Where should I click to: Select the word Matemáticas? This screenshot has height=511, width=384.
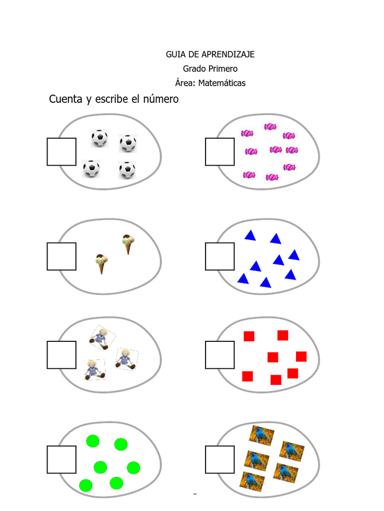tap(221, 83)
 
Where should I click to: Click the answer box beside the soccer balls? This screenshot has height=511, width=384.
tap(61, 152)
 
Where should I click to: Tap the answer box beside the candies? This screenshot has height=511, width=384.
tap(219, 152)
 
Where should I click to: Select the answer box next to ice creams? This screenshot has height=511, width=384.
tap(61, 256)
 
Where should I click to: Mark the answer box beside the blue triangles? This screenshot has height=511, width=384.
tap(219, 256)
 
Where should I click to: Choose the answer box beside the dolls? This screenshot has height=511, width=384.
tap(61, 355)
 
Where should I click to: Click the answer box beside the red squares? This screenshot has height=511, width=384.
tap(219, 355)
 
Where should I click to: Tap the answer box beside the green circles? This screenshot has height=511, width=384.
tap(61, 460)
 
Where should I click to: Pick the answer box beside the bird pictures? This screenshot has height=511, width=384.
tap(219, 460)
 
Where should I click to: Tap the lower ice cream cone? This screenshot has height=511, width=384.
tap(102, 263)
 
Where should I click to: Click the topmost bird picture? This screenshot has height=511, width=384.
tap(261, 435)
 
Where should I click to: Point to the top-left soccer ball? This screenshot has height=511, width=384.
tap(99, 138)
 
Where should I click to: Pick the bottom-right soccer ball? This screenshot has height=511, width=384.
tap(127, 170)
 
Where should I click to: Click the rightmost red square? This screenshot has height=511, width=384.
tap(301, 356)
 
